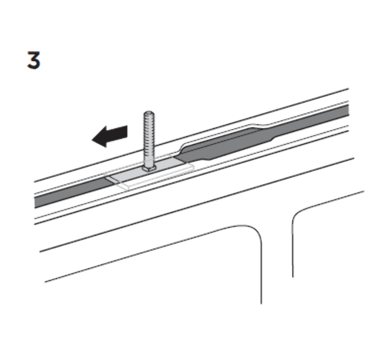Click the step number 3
(x=34, y=60)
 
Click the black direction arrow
(x=110, y=136)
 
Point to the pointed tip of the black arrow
(x=92, y=139)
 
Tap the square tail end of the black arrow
(x=127, y=132)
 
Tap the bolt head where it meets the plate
(x=149, y=169)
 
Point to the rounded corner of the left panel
(x=255, y=232)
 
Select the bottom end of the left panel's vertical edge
(x=261, y=303)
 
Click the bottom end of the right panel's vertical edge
(x=293, y=277)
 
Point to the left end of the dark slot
(x=35, y=203)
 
